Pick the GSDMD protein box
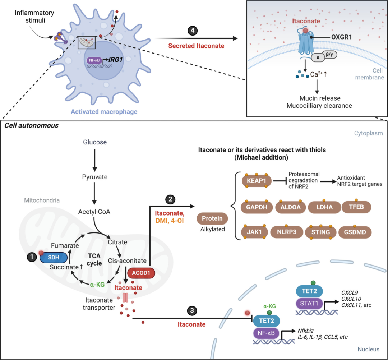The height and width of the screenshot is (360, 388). point(354,232)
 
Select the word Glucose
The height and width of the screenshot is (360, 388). point(94,142)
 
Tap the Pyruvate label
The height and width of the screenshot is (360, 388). point(94,177)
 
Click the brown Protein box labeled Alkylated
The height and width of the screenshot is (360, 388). point(212,218)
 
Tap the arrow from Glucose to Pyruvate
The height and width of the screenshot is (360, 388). point(94,160)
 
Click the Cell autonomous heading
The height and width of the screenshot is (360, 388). point(27,126)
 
